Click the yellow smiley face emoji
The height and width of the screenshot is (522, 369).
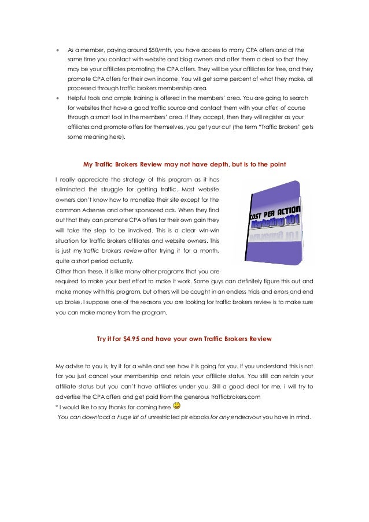[177, 406]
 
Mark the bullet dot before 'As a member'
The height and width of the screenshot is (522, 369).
[57, 50]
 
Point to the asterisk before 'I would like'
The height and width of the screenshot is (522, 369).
[57, 407]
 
